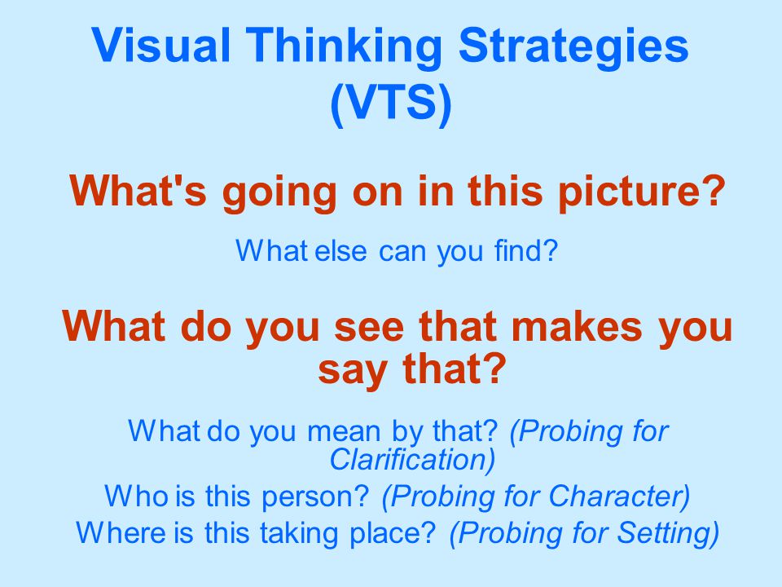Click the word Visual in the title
[161, 45]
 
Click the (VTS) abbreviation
[390, 103]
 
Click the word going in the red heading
[279, 192]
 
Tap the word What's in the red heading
[138, 190]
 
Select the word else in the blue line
[341, 250]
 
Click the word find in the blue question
[525, 250]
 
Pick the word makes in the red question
[577, 326]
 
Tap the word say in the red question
[353, 372]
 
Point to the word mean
[344, 431]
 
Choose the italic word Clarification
[411, 459]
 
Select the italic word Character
[619, 497]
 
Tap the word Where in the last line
[121, 532]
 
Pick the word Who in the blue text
[136, 497]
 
